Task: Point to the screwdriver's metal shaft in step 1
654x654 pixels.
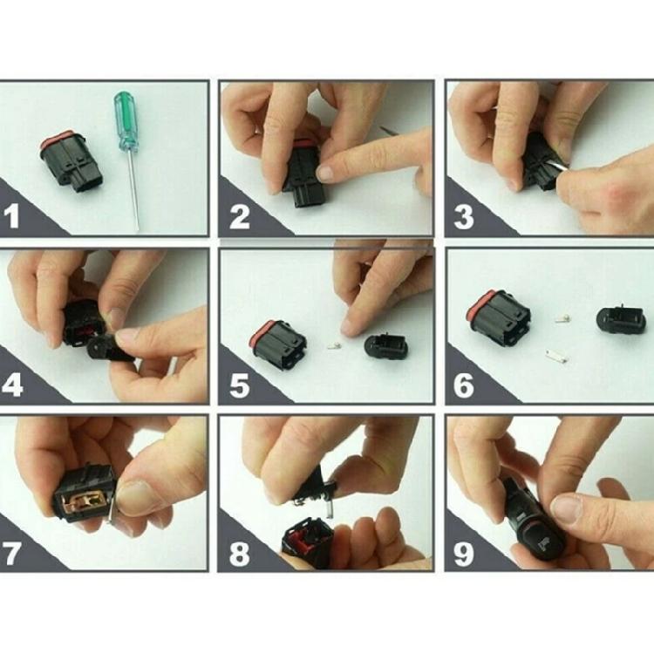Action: click(133, 192)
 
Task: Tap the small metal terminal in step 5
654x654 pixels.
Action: click(332, 346)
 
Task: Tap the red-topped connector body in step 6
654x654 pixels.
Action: click(501, 317)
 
